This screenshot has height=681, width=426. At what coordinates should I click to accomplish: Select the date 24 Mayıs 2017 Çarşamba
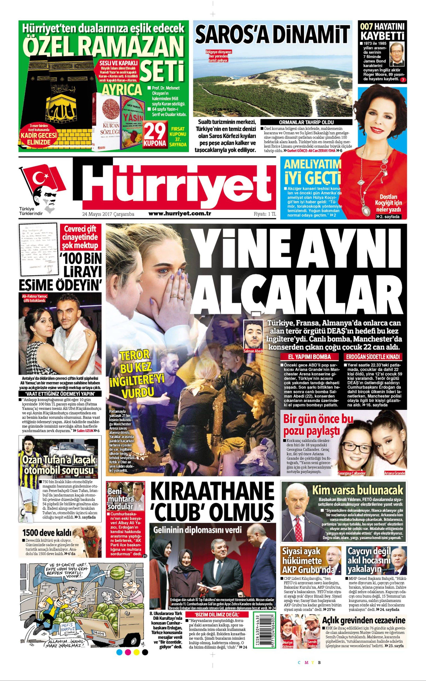[x=108, y=214]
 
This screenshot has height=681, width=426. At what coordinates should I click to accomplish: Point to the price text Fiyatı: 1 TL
[x=265, y=214]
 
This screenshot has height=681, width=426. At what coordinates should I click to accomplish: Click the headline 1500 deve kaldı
[x=47, y=532]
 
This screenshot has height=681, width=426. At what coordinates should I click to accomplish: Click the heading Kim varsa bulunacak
[x=357, y=490]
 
